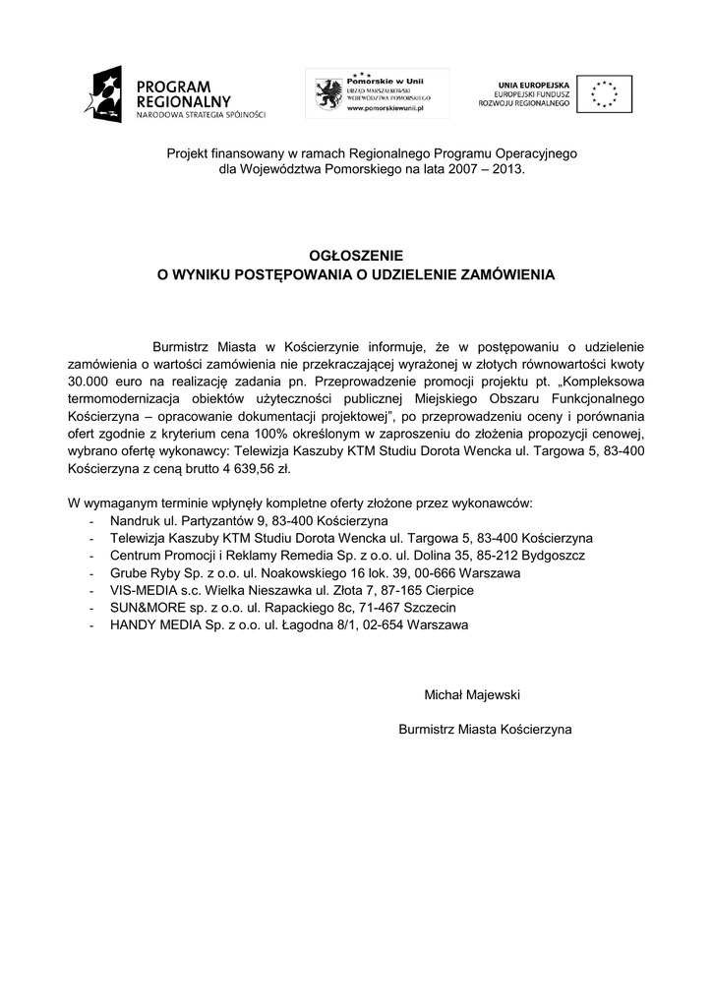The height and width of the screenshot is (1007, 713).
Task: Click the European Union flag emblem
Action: click(603, 94)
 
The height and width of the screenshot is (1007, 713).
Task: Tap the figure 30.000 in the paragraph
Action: click(91, 382)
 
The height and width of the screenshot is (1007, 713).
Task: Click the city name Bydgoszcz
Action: click(551, 556)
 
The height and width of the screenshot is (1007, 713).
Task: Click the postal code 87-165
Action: click(393, 590)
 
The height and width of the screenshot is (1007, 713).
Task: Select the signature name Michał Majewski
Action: click(471, 695)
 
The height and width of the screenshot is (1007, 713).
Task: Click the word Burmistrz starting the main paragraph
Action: click(181, 346)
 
